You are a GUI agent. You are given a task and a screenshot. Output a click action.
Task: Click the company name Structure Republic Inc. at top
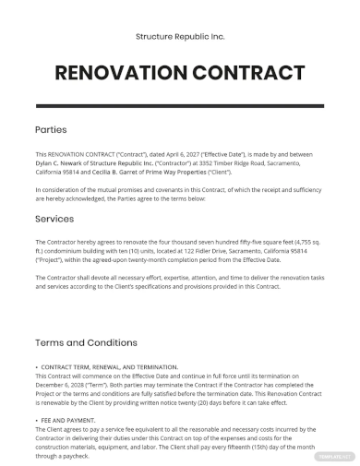click(x=180, y=37)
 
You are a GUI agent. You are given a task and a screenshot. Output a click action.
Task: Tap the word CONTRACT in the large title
click(x=248, y=73)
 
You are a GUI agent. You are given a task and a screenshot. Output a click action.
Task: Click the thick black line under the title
click(x=180, y=104)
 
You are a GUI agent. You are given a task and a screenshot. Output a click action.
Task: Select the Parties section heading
click(x=51, y=130)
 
